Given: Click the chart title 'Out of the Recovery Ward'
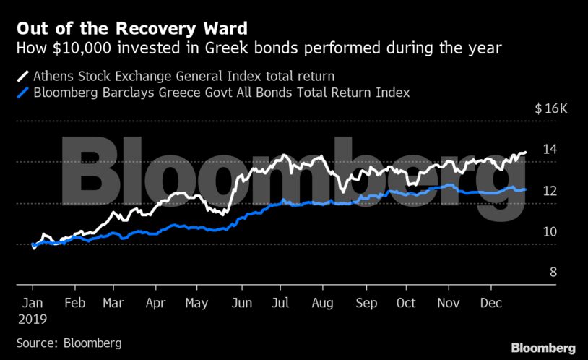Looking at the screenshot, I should click(x=131, y=29).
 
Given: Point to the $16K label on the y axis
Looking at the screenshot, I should click(x=551, y=109).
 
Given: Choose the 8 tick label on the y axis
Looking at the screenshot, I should click(x=553, y=273).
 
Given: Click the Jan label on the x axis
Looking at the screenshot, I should click(x=32, y=304).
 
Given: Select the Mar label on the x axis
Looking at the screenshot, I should click(x=113, y=304).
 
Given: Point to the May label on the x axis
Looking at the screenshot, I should click(x=196, y=304).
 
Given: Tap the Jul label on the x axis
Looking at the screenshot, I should click(x=281, y=304).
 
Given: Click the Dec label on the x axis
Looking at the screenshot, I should click(x=491, y=304).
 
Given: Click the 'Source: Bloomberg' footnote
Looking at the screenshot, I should click(x=69, y=342).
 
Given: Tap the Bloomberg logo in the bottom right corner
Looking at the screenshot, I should click(x=544, y=348).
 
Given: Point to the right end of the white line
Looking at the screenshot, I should click(x=525, y=153).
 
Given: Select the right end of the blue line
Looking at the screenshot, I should click(x=525, y=189).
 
